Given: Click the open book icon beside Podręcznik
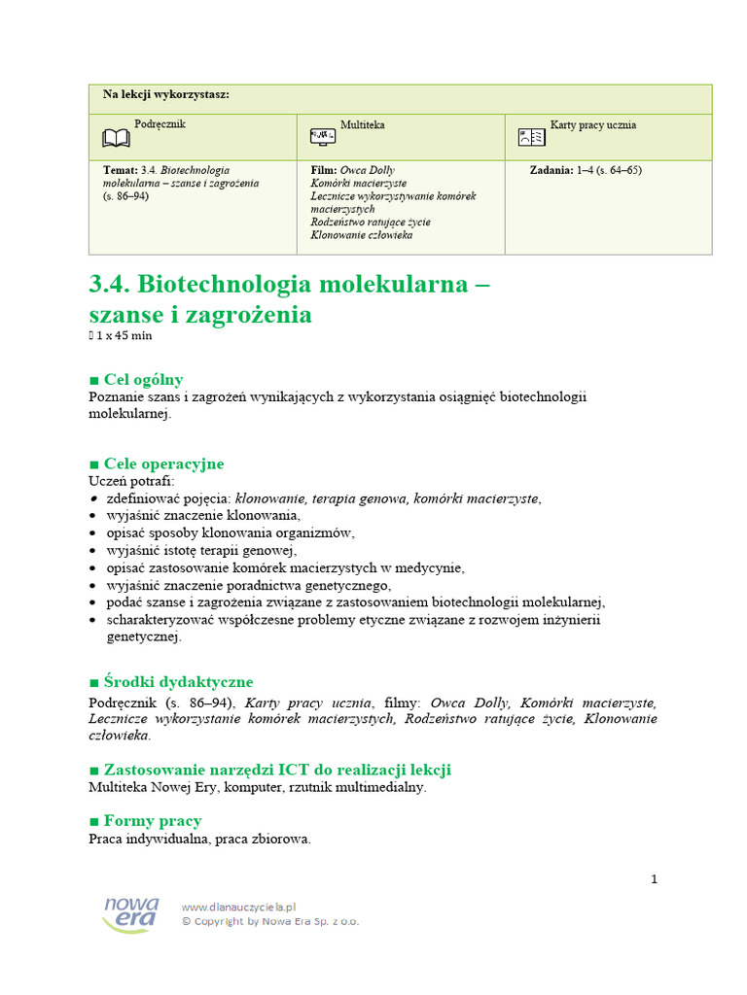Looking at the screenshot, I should coord(116,139).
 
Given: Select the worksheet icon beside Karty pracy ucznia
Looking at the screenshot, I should coord(531,138).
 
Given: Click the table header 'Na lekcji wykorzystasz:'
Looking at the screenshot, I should coord(166,94).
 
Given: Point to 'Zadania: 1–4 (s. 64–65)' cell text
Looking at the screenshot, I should coord(586,170).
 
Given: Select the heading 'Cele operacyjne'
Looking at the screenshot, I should coord(162,463).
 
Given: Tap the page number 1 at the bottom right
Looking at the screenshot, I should coord(654,879).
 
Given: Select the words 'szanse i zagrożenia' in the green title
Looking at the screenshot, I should coord(200,315).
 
